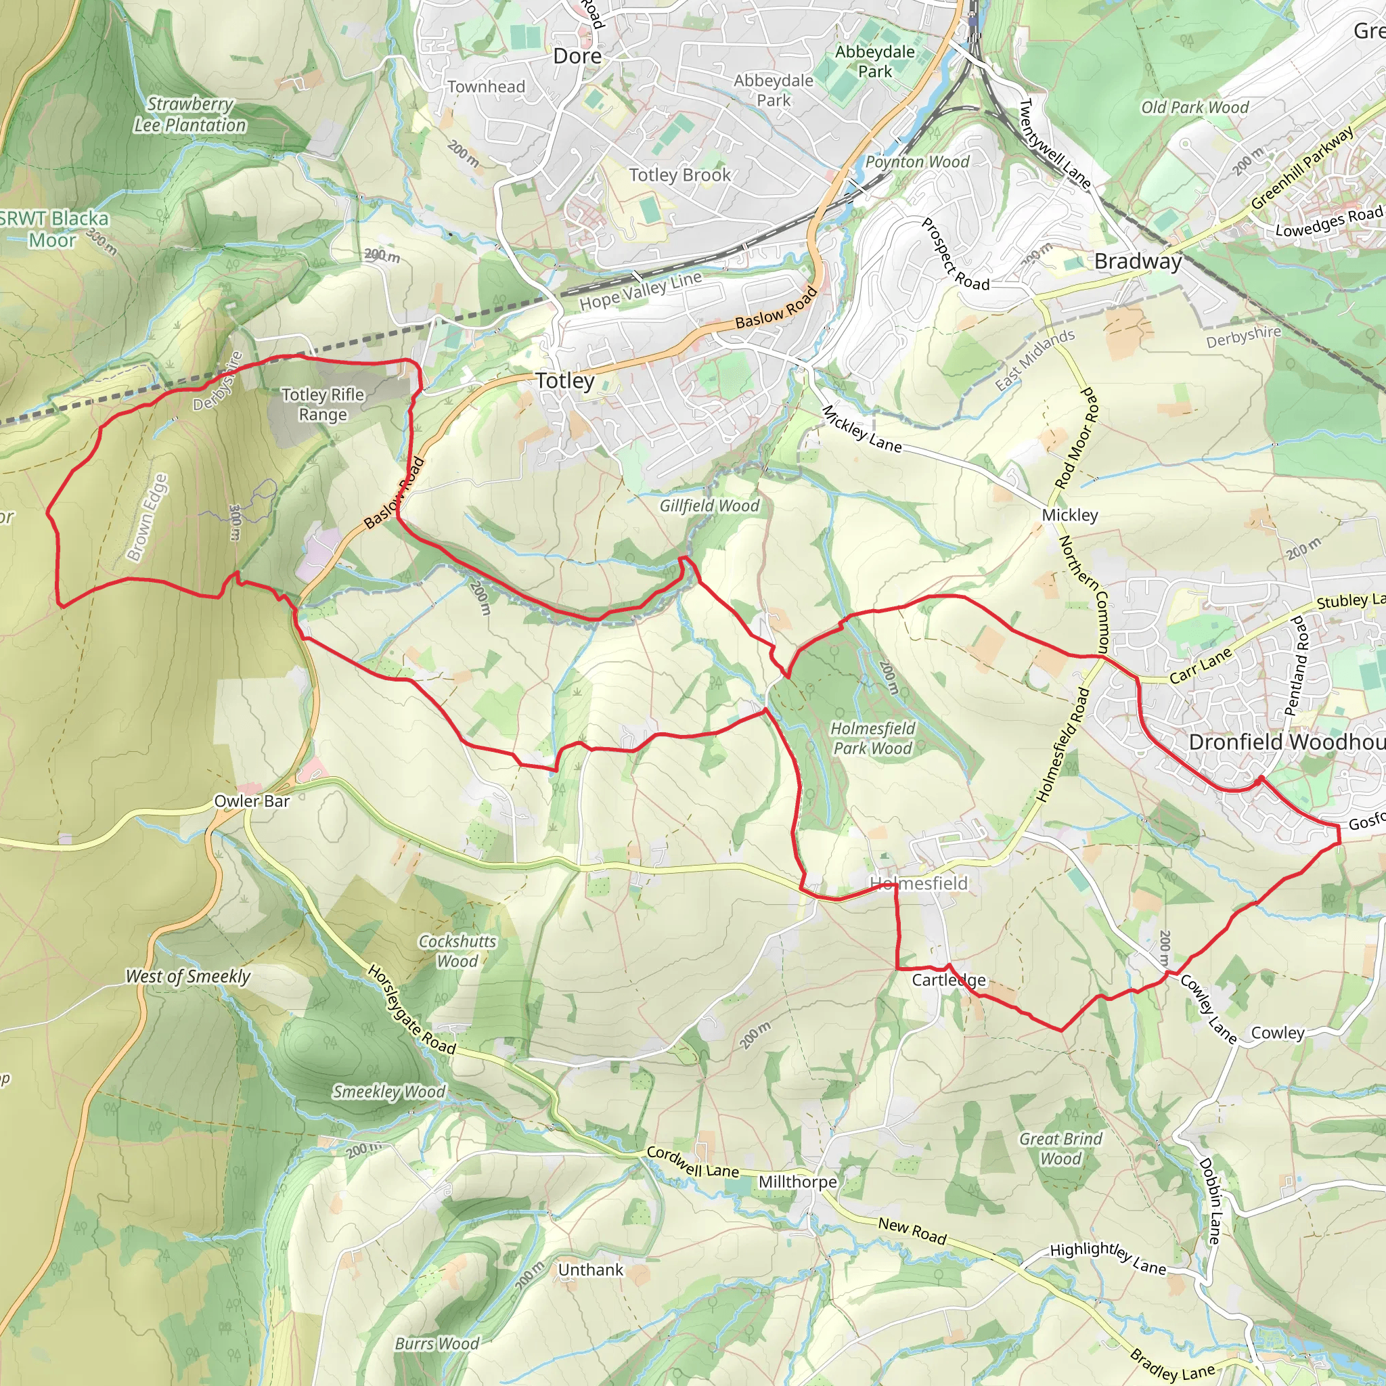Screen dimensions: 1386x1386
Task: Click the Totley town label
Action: (x=565, y=381)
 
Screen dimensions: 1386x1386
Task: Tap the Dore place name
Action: (x=577, y=56)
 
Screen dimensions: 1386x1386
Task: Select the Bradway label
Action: (x=1138, y=262)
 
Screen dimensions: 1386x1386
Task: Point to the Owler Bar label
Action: (x=252, y=801)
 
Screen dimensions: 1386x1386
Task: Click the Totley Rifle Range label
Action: (x=323, y=405)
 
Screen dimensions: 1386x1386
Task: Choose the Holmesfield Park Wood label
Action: (x=872, y=738)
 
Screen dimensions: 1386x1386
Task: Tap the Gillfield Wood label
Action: (x=709, y=506)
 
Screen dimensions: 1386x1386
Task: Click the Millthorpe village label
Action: (x=798, y=1182)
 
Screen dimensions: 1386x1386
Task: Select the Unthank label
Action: (x=590, y=1270)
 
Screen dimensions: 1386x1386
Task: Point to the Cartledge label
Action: (x=948, y=980)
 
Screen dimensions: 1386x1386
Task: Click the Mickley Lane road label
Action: (x=861, y=429)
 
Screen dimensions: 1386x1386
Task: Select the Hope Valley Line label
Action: (x=641, y=290)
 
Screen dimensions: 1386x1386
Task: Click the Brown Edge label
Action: (x=147, y=516)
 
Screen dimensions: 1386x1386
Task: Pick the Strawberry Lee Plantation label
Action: (x=190, y=115)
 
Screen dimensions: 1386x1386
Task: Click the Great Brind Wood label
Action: (x=1060, y=1148)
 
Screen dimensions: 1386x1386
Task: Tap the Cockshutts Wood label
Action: (x=457, y=952)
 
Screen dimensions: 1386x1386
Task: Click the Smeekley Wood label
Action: (x=389, y=1092)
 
